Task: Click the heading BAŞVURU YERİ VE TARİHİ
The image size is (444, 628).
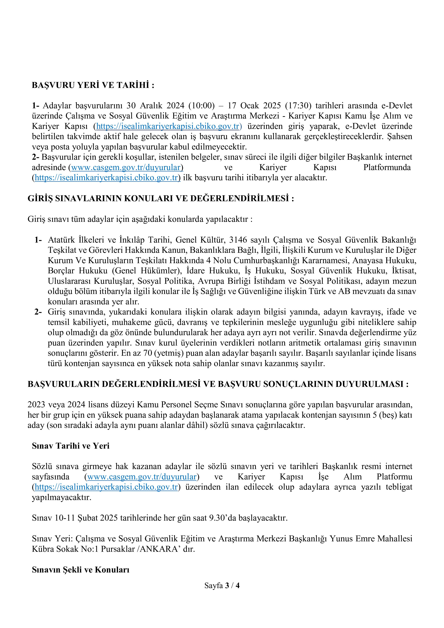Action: click(x=93, y=85)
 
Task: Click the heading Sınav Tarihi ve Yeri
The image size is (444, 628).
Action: click(x=71, y=446)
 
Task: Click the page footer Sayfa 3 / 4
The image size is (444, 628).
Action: click(x=222, y=586)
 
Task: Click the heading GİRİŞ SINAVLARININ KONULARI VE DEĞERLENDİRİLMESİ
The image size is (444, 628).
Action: click(x=161, y=198)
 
